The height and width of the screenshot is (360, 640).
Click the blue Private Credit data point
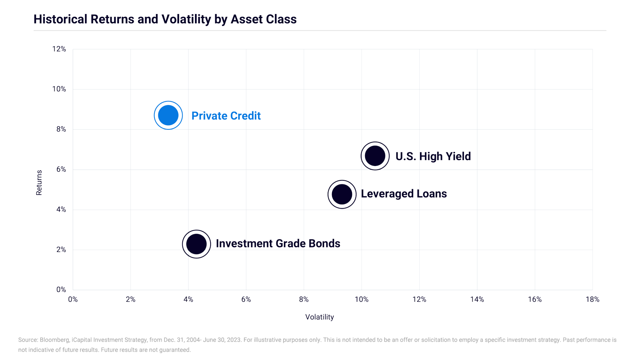168,115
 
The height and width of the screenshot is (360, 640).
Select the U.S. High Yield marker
375,156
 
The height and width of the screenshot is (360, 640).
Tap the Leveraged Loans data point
342,194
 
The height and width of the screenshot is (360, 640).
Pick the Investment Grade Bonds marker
197,244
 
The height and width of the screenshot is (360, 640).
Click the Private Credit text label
226,116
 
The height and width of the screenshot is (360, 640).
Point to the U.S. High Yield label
433,156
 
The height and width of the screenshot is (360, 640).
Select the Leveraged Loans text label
404,194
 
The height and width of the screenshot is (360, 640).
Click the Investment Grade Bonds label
278,243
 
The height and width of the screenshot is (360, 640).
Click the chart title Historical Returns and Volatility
165,19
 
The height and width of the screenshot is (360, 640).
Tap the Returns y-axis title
39,183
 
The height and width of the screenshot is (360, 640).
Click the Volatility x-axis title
320,317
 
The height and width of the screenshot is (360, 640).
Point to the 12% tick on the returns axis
59,49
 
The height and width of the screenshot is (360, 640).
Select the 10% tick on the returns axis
59,89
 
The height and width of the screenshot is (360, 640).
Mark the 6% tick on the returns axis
61,169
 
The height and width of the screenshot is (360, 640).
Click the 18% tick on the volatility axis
592,299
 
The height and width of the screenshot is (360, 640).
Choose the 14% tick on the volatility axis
477,299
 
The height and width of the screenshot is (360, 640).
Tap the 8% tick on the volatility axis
304,299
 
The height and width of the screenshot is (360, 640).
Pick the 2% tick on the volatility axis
131,299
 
